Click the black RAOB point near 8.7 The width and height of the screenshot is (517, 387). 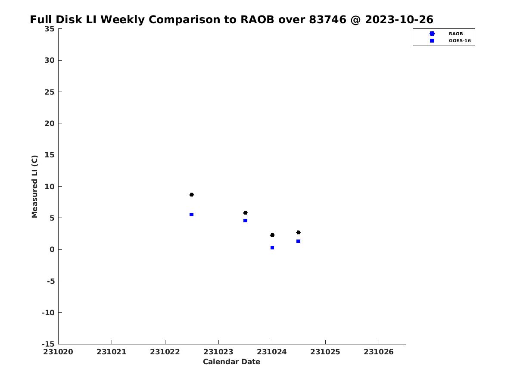[191, 194]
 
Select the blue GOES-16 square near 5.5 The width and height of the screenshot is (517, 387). [191, 215]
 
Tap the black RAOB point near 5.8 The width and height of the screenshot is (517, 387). [245, 213]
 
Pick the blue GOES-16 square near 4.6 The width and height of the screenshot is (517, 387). [245, 221]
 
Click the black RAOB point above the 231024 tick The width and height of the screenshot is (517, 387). [272, 235]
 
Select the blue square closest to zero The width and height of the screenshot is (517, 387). [272, 248]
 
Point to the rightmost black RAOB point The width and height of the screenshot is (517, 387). [299, 232]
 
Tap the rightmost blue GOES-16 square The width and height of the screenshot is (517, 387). [299, 241]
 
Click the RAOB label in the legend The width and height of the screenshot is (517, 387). [456, 34]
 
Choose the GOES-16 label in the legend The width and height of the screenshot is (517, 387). [460, 41]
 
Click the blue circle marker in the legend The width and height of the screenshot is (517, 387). [432, 34]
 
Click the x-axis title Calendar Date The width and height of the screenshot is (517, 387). [231, 362]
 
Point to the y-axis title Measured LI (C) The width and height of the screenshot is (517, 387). [34, 187]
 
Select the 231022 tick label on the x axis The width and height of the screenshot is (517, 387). [165, 352]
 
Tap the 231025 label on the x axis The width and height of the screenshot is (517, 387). [325, 352]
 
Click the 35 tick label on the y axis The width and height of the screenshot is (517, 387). [50, 29]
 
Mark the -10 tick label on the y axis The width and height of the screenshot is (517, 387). [48, 313]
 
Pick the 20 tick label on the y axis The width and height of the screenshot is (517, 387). [50, 123]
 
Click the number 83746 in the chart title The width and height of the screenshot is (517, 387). [327, 19]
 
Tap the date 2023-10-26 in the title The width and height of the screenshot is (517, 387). [399, 19]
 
